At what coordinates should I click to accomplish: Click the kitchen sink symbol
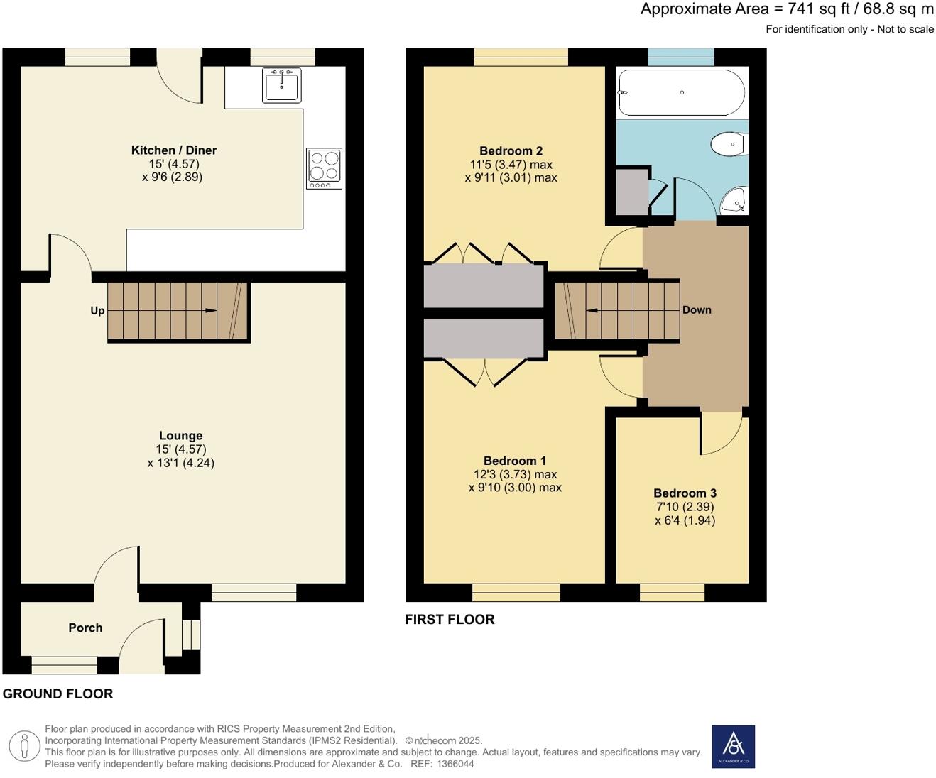point(281,85)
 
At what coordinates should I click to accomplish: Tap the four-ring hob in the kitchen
point(324,168)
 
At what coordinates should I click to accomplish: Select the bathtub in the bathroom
point(681,93)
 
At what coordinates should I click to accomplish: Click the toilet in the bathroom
point(729,144)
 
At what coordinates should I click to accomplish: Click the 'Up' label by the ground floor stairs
point(97,311)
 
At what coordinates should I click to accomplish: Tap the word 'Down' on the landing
point(697,310)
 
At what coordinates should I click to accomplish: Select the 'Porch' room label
point(85,628)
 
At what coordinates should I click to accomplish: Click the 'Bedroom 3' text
point(685,493)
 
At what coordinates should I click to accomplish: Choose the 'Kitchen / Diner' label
point(174,150)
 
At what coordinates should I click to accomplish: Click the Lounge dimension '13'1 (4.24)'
point(181,463)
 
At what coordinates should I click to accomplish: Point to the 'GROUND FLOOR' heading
point(58,694)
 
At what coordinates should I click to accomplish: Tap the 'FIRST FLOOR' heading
point(450,620)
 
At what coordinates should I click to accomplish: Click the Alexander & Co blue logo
point(733,746)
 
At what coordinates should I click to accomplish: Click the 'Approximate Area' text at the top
point(704,9)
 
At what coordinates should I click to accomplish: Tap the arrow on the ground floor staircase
point(210,311)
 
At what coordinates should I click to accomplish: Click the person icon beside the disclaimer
point(24,746)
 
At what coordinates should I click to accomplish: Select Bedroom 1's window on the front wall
point(516,592)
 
